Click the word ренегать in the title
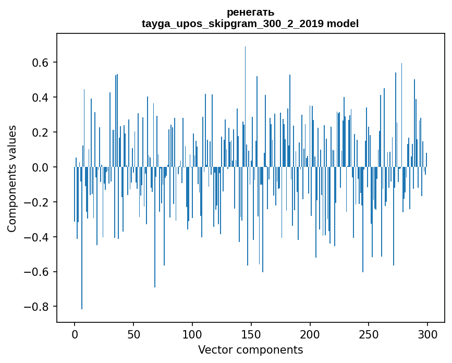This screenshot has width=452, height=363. [x=250, y=12]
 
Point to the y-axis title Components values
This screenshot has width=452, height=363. [x=12, y=178]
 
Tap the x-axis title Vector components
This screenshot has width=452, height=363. [x=250, y=349]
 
